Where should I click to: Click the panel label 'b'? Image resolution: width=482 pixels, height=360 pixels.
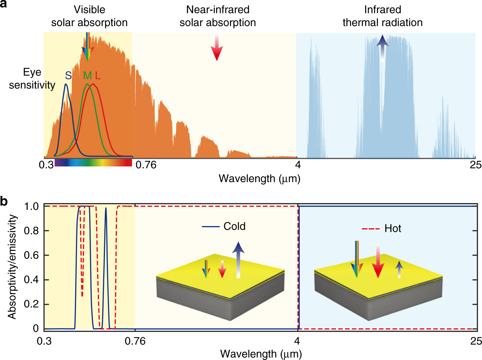tap(4, 201)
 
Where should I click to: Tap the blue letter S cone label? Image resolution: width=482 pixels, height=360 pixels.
tap(68, 76)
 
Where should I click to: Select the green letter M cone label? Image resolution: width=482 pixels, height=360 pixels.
tap(87, 76)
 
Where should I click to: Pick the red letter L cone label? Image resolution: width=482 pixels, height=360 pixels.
tap(98, 76)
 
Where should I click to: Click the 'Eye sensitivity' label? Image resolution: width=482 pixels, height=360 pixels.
tap(32, 78)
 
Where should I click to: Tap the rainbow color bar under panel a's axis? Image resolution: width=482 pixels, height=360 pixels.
tap(93, 162)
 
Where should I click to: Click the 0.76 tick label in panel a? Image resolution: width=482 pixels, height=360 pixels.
tap(146, 165)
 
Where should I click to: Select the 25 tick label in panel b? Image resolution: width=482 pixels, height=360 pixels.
tap(476, 341)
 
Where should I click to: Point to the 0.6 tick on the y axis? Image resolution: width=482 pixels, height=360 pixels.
tap(31, 255)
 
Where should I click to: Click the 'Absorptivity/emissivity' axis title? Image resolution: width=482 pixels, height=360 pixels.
tap(12, 267)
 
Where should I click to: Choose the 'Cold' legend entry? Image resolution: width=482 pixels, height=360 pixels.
tap(234, 226)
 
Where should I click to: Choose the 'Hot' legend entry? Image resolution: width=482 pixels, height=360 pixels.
tap(392, 229)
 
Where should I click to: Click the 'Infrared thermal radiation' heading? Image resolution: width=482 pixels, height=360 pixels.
tap(382, 16)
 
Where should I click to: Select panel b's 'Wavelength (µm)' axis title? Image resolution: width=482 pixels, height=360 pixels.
tap(261, 354)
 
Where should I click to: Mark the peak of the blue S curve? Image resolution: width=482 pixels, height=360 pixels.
tap(66, 84)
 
